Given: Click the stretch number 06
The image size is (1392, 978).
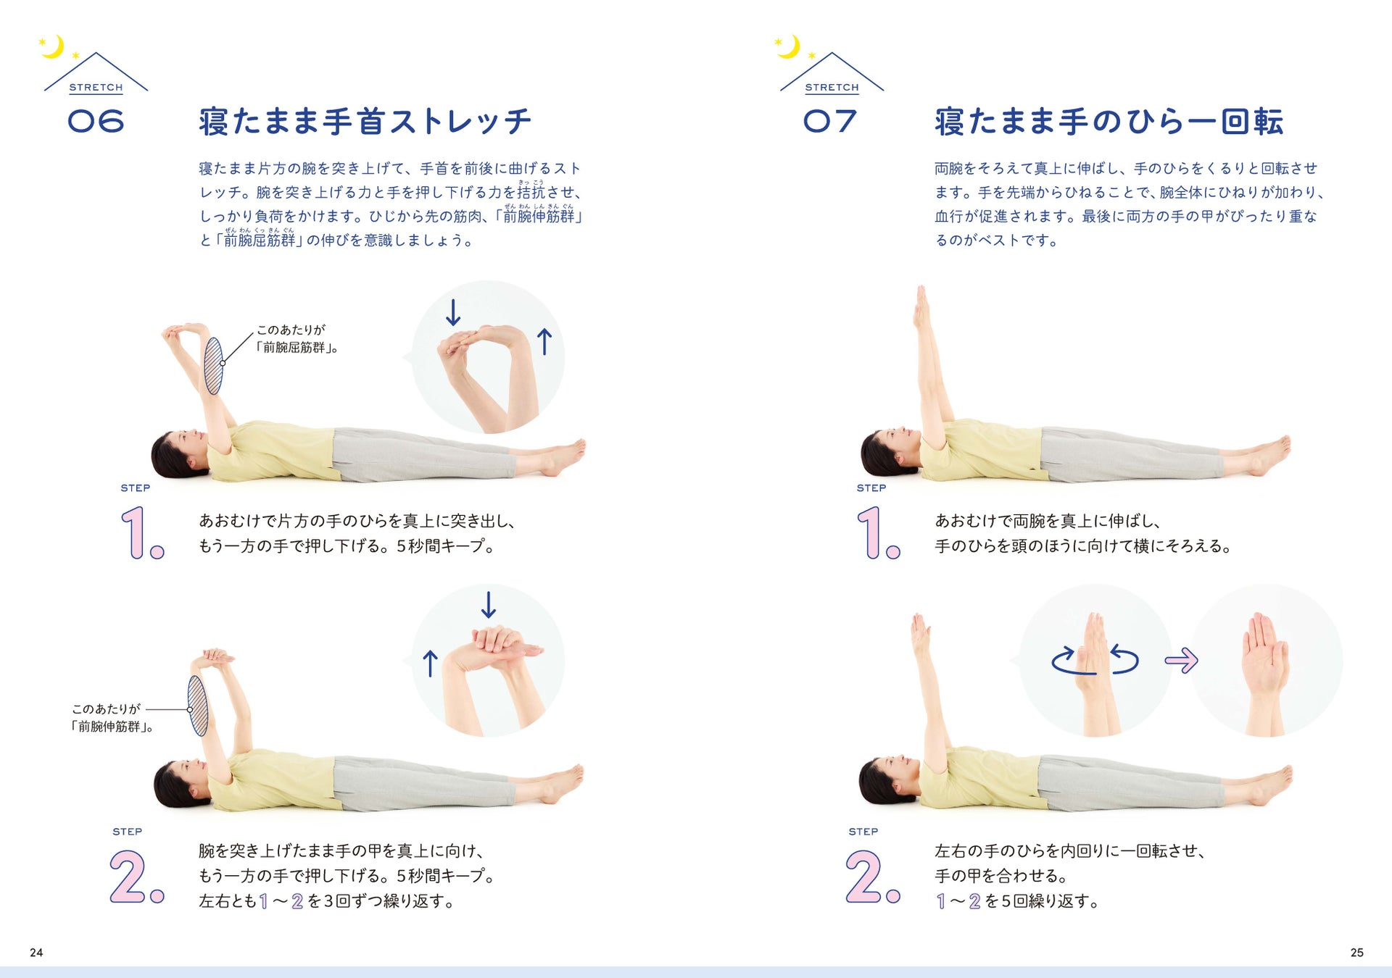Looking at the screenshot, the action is click(96, 121).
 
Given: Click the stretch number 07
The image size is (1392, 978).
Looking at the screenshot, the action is click(830, 121).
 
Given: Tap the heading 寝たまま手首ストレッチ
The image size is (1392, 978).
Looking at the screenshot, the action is click(365, 122).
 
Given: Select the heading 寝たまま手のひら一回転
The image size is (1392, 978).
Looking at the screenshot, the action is click(1109, 122).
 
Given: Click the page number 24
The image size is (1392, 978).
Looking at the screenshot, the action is click(36, 953).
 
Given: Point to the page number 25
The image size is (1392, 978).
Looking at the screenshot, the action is click(1356, 953).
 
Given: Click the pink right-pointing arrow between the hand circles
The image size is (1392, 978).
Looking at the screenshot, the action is click(1181, 660).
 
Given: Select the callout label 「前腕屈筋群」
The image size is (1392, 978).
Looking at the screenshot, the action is click(297, 348).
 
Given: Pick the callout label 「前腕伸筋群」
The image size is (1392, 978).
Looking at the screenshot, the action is click(112, 727).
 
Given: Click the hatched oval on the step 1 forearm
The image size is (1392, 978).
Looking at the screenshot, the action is click(213, 366).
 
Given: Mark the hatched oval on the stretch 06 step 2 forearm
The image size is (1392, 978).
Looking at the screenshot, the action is click(198, 706).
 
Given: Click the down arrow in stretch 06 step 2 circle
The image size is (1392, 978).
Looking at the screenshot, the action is click(489, 605).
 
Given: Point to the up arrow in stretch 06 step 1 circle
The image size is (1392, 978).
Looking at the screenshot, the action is click(544, 341).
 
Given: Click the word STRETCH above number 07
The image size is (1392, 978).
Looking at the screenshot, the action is click(832, 88).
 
